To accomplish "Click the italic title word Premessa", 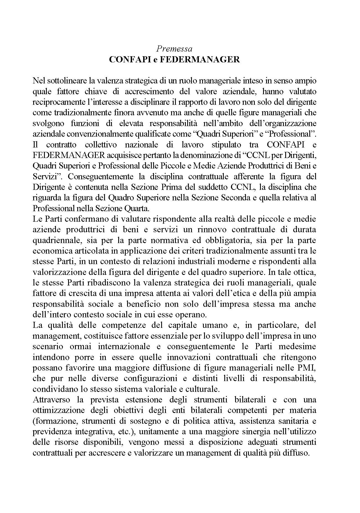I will point(174,49).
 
